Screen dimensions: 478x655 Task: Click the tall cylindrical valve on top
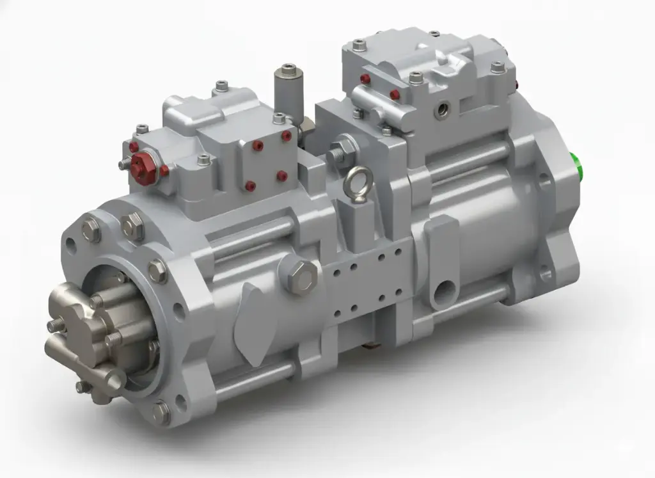coord(288,96)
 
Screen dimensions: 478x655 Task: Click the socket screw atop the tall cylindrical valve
coord(288,67)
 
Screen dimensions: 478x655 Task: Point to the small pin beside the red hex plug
coord(123,164)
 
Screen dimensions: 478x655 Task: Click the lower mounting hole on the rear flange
coord(545,274)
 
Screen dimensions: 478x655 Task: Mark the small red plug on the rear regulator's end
coord(365,79)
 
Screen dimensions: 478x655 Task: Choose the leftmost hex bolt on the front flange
coord(91,230)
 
